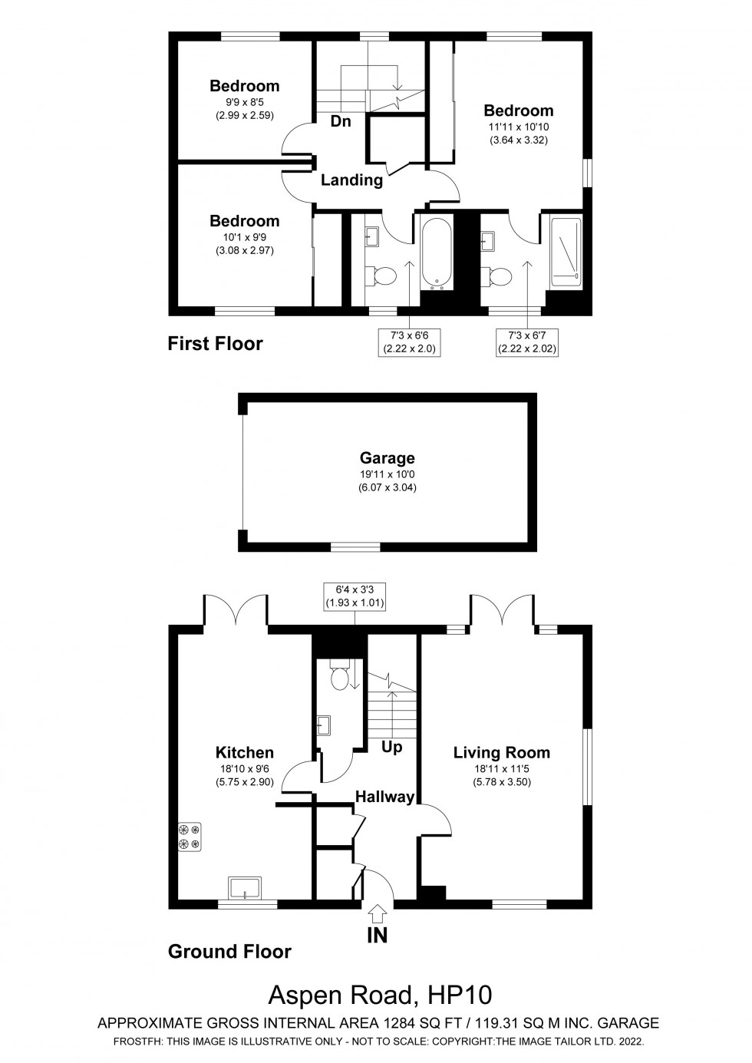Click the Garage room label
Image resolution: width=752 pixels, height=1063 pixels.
tap(387, 458)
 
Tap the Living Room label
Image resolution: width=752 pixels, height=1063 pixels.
tap(501, 753)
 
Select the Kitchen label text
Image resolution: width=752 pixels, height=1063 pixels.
tap(244, 753)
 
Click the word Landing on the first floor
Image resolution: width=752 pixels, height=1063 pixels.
tap(351, 180)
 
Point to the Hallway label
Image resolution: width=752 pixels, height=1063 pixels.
tap(384, 797)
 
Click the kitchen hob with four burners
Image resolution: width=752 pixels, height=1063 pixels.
tap(190, 837)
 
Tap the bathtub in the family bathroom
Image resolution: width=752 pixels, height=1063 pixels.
tap(437, 254)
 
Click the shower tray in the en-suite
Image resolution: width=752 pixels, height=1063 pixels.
tap(566, 253)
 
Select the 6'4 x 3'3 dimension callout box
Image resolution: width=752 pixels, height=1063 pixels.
tap(354, 596)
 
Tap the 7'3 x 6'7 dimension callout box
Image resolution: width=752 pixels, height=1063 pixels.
tap(528, 342)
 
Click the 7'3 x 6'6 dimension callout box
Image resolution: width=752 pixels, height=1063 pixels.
tap(410, 342)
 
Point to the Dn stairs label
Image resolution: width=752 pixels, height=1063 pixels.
tap(341, 121)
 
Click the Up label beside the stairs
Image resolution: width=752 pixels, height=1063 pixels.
tap(391, 747)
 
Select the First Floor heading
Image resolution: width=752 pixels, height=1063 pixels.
tap(215, 344)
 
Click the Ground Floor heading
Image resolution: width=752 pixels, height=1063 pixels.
tap(229, 952)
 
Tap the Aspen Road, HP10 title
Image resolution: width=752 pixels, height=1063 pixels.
tap(379, 995)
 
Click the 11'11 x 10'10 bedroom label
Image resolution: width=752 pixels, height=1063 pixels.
tap(518, 125)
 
